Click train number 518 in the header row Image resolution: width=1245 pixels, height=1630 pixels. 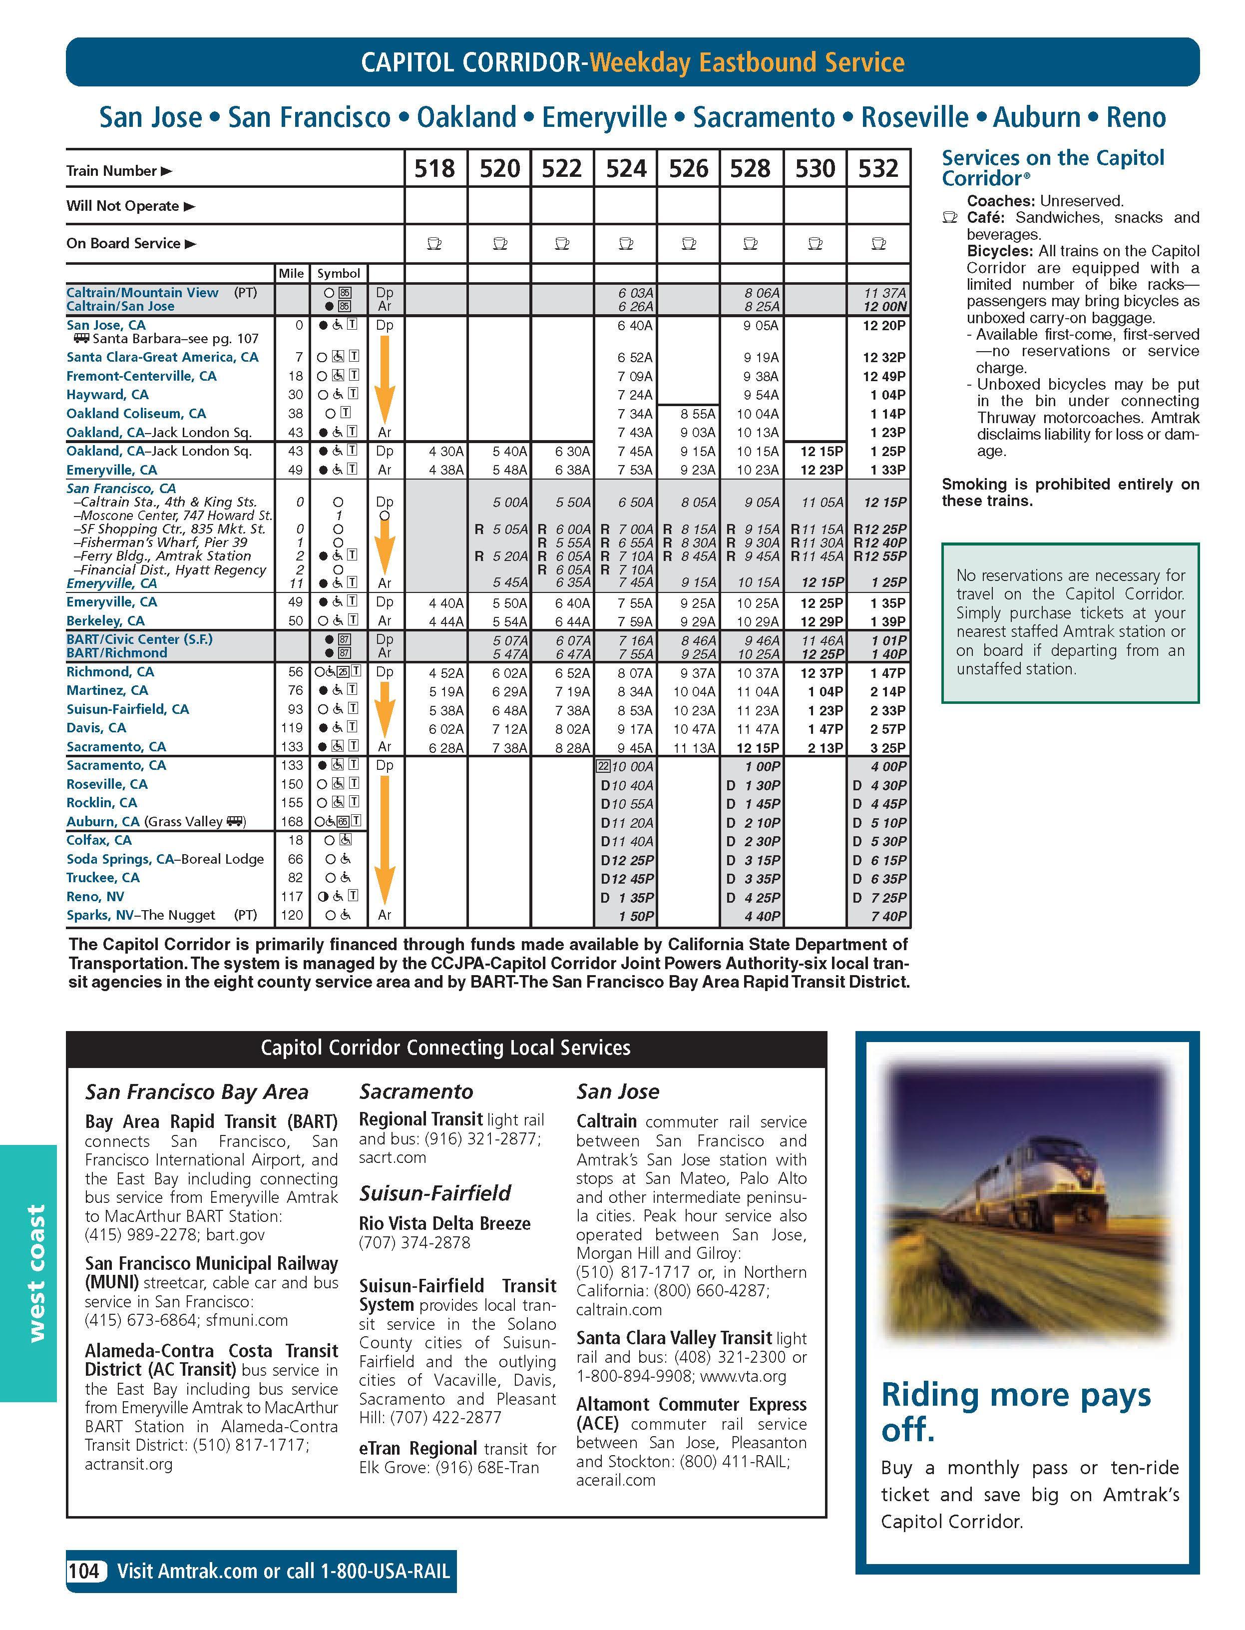[434, 169]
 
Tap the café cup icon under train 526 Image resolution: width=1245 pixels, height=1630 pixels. [689, 243]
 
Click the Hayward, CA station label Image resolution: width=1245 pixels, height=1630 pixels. [107, 394]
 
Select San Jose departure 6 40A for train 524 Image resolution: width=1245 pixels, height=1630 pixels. [635, 325]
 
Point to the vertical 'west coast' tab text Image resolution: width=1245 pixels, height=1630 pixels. [35, 1273]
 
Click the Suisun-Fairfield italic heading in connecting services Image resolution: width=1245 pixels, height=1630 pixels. [435, 1193]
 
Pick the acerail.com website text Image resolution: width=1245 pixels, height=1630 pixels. [616, 1480]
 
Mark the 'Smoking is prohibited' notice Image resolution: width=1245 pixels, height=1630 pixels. [1069, 492]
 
